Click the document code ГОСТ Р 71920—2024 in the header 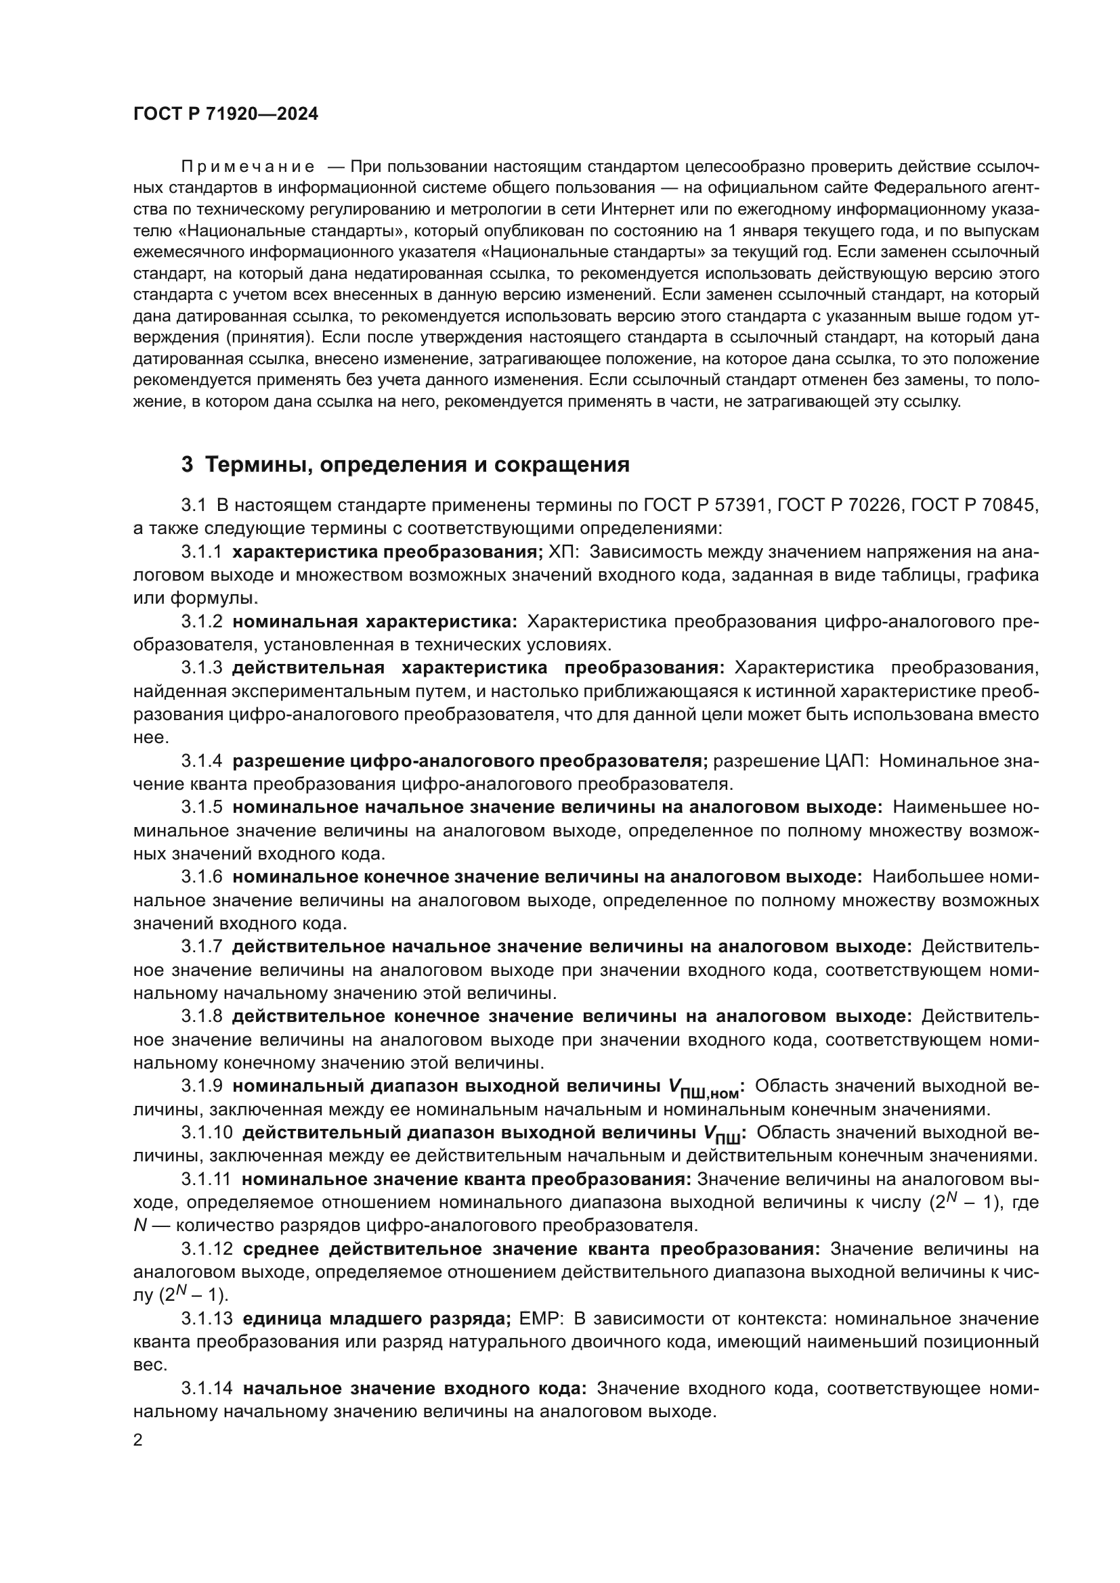pyautogui.click(x=225, y=114)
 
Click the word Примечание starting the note pyautogui.click(x=248, y=167)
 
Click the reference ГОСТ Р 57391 pyautogui.click(x=704, y=506)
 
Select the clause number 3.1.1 pyautogui.click(x=201, y=552)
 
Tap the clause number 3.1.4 pyautogui.click(x=201, y=761)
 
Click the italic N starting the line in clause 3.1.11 pyautogui.click(x=139, y=1225)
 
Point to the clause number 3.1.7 pyautogui.click(x=201, y=947)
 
